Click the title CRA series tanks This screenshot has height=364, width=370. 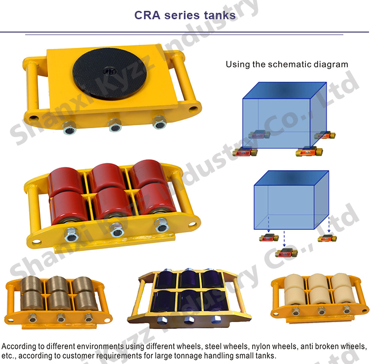pos(185,15)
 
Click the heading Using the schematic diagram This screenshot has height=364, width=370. pos(287,64)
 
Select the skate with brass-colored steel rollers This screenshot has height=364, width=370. pos(55,298)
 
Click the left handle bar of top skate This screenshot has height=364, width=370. pos(33,91)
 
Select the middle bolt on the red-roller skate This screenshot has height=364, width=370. pos(116,230)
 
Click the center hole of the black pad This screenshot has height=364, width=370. pos(108,71)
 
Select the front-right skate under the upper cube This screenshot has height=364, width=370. pos(309,152)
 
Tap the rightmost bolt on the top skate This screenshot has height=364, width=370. pos(158,122)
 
